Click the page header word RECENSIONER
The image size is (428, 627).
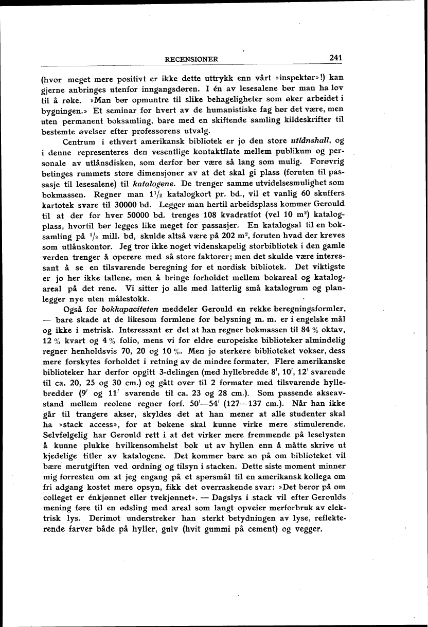coord(191,59)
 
